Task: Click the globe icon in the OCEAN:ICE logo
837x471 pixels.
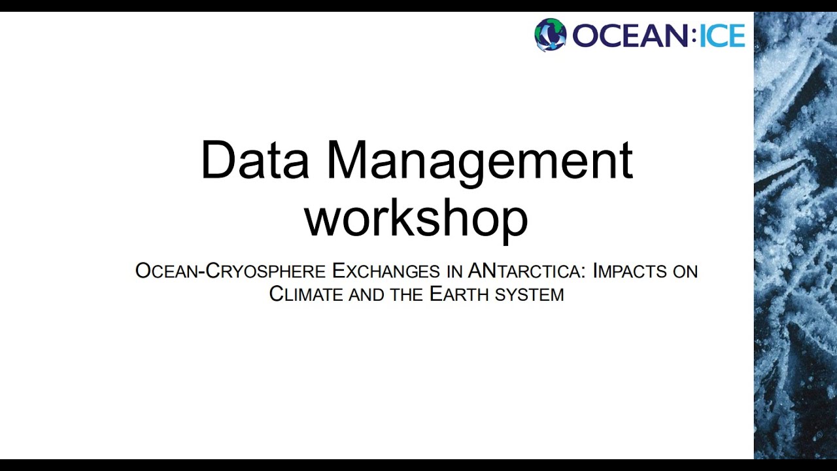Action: (550, 35)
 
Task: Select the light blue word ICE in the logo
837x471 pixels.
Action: (722, 35)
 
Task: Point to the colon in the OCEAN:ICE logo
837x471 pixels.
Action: (694, 35)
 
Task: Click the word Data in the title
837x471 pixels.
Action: (254, 160)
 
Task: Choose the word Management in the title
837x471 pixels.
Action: (479, 162)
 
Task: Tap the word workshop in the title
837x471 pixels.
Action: (417, 218)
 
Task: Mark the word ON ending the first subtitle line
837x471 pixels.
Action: (685, 271)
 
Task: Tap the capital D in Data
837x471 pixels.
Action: (217, 160)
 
